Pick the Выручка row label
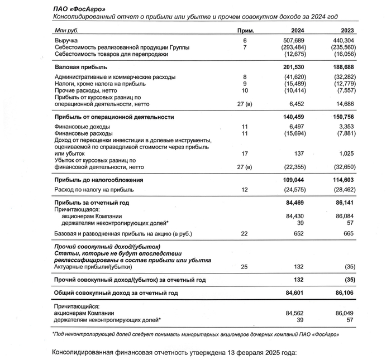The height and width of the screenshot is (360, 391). point(66,41)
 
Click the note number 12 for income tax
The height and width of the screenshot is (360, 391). point(245,190)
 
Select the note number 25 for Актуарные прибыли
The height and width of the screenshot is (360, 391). point(245,267)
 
